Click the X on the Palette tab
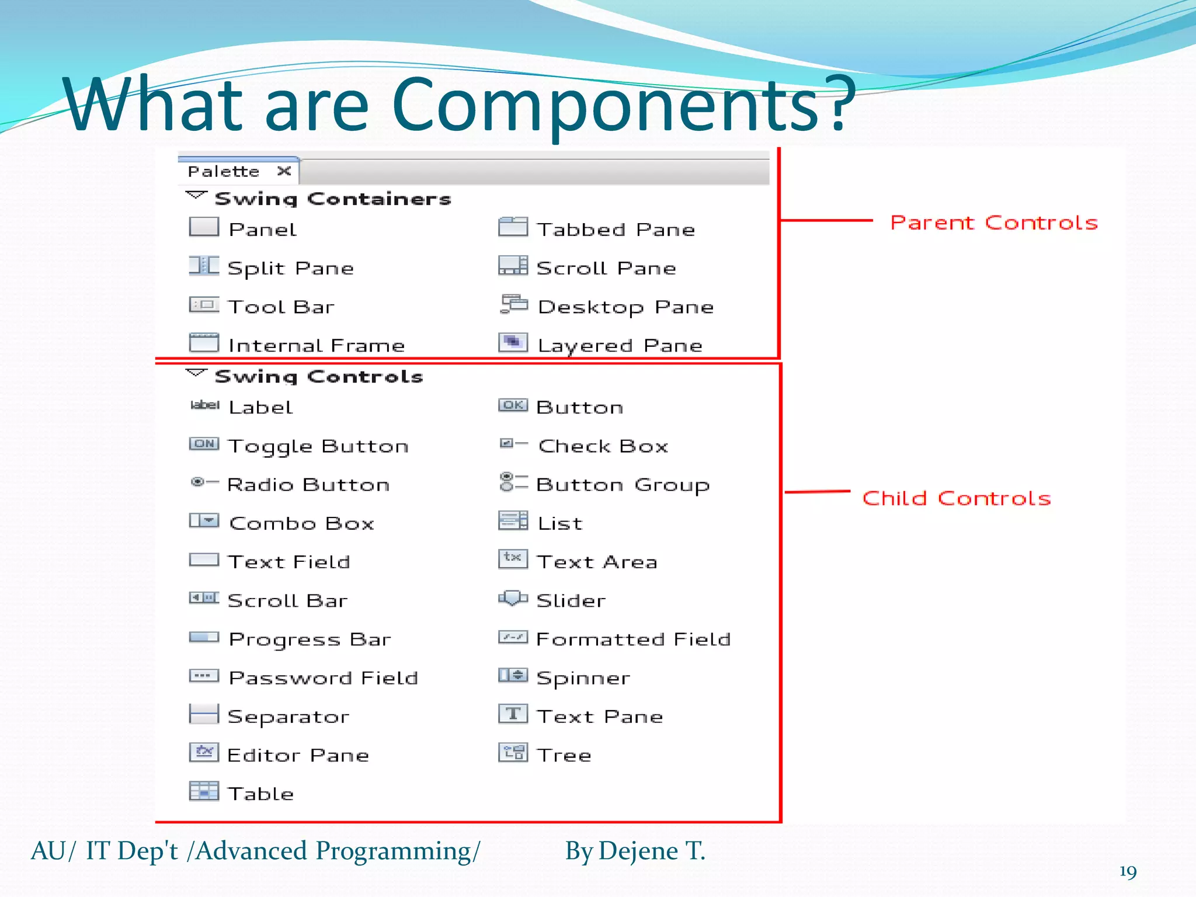click(284, 171)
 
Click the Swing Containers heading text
click(333, 199)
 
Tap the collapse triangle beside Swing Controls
click(196, 373)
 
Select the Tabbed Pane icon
click(513, 227)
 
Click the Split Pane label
click(291, 268)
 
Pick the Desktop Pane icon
click(513, 304)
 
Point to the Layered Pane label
click(620, 345)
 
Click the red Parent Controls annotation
click(994, 222)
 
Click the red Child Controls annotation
click(957, 498)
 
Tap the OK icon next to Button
click(513, 405)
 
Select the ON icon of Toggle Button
click(204, 444)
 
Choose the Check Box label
click(603, 446)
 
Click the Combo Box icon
click(204, 520)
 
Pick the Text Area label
click(597, 562)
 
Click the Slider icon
click(513, 599)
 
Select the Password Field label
click(324, 678)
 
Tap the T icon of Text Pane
click(513, 714)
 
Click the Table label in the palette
click(261, 794)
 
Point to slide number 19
click(1128, 872)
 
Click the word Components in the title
click(605, 105)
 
